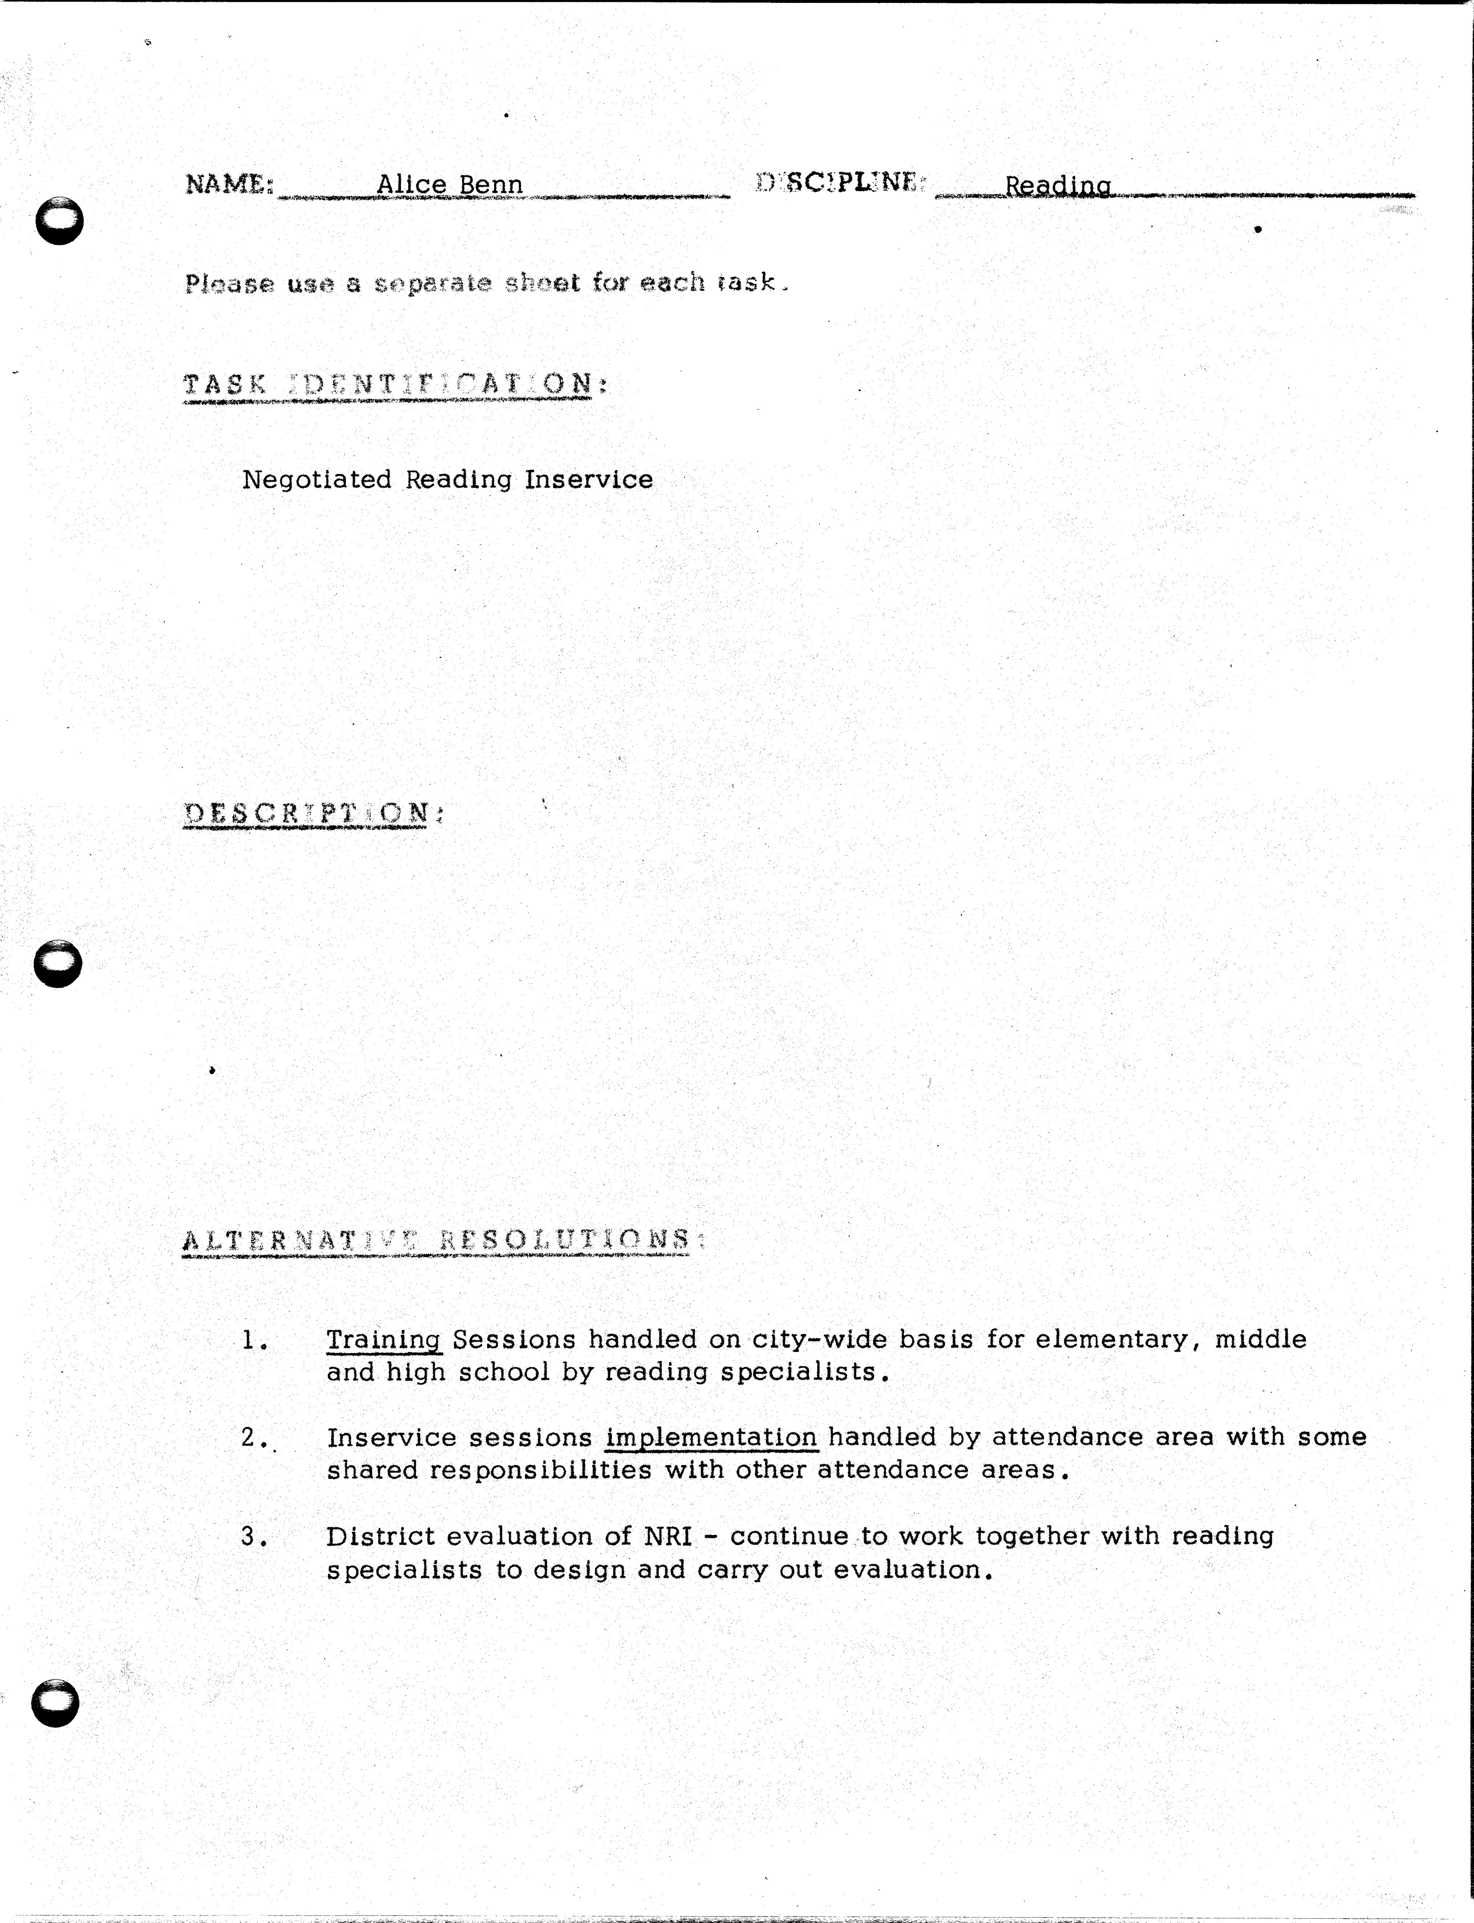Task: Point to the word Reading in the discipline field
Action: tap(1057, 186)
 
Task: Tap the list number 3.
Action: tap(253, 1536)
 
